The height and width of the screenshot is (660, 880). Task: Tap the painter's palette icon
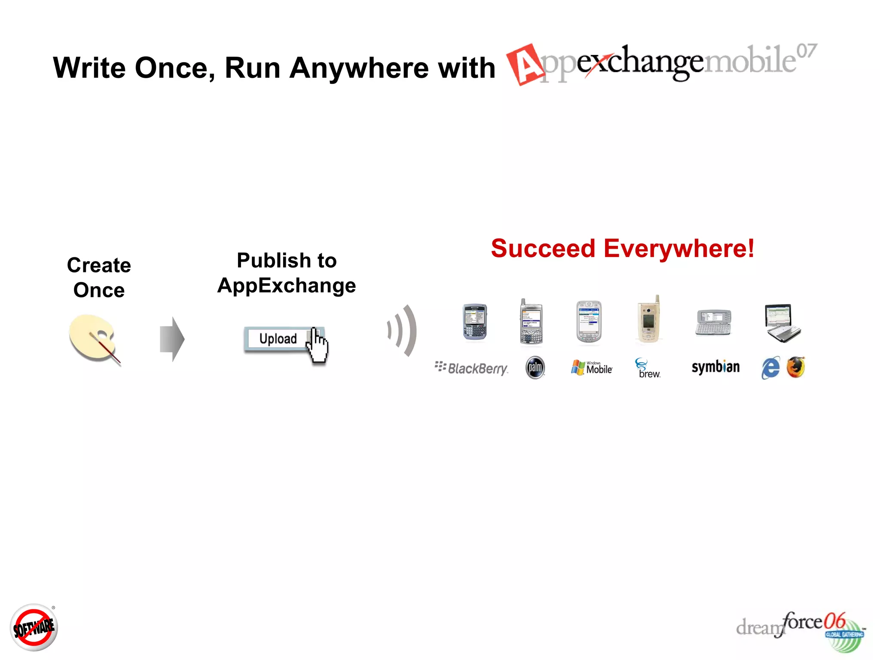pyautogui.click(x=92, y=338)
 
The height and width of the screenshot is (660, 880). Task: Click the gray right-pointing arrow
pyautogui.click(x=172, y=339)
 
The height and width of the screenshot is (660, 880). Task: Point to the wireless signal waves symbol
pyautogui.click(x=403, y=330)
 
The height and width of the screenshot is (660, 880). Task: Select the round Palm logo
pyautogui.click(x=535, y=368)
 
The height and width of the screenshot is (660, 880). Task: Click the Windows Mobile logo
pyautogui.click(x=592, y=368)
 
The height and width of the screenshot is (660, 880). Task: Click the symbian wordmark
pyautogui.click(x=715, y=367)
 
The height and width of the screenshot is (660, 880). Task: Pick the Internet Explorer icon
pyautogui.click(x=770, y=368)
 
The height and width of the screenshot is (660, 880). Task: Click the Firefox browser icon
pyautogui.click(x=796, y=367)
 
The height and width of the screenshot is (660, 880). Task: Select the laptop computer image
pyautogui.click(x=782, y=323)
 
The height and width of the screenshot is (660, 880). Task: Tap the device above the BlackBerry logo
pyautogui.click(x=475, y=322)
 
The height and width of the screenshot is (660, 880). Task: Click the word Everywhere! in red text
pyautogui.click(x=679, y=248)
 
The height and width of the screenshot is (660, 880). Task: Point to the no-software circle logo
pyautogui.click(x=34, y=627)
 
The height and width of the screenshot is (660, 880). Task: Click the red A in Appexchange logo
pyautogui.click(x=525, y=64)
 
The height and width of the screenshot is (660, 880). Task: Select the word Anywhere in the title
pyautogui.click(x=359, y=68)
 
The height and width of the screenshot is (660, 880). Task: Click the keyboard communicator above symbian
pyautogui.click(x=713, y=322)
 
